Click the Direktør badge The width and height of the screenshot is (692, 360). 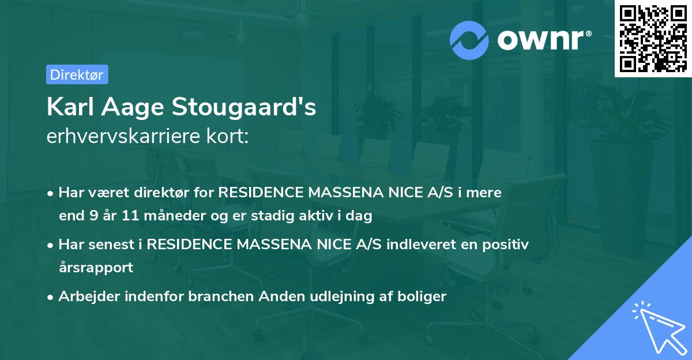coord(77,74)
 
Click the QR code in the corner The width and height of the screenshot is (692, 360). coord(653,38)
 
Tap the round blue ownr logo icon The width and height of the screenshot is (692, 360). coord(469,40)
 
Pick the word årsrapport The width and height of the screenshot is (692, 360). coord(96,267)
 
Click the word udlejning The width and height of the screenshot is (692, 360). coord(340,297)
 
